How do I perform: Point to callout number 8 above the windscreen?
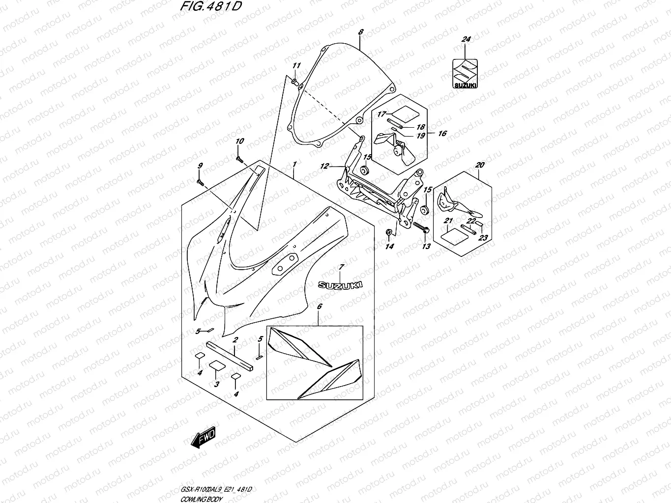pos(361,32)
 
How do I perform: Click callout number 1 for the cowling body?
pos(294,164)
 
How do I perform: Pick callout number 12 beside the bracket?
pos(324,167)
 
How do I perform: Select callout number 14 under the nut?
pos(389,247)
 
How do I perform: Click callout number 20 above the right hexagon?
pos(480,165)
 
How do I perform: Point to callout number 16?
pos(442,134)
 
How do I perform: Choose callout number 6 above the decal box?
pos(319,307)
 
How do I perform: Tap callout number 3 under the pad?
pos(216,384)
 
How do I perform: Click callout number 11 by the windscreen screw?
pos(296,66)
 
